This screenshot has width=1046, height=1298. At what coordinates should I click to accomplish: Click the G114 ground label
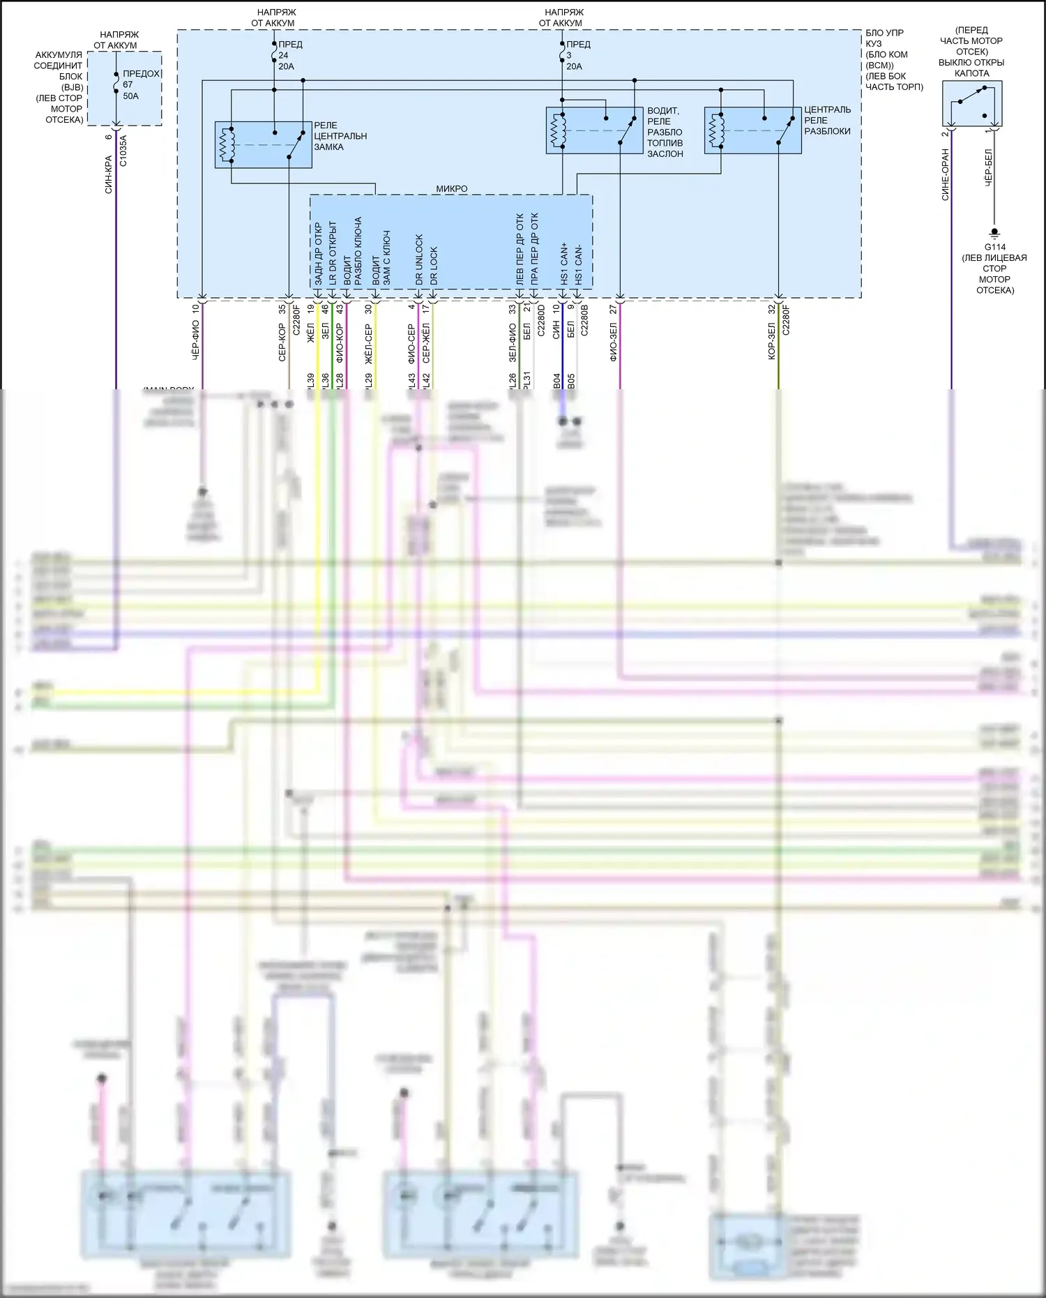(994, 247)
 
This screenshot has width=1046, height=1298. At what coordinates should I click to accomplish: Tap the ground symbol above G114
(994, 232)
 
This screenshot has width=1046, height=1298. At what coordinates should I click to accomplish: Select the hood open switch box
(972, 104)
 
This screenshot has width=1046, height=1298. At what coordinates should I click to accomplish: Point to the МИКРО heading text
(452, 189)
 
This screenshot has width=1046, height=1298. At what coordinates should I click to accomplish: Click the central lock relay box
(263, 144)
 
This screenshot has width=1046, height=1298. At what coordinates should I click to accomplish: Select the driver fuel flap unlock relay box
(594, 130)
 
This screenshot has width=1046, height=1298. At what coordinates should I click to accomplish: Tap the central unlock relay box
(752, 130)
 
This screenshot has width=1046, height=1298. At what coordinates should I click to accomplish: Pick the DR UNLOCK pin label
(419, 259)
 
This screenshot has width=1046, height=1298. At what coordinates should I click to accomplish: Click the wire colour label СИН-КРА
(109, 174)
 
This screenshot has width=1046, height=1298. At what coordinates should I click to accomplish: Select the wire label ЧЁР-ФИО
(196, 340)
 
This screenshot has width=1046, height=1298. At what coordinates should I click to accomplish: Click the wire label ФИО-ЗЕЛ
(614, 342)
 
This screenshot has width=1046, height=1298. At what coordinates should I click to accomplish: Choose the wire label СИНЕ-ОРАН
(946, 174)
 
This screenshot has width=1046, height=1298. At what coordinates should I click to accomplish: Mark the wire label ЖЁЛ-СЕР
(369, 343)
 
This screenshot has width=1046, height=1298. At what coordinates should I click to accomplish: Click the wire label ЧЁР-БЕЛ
(988, 167)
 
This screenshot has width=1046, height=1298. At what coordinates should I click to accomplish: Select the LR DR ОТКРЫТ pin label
(333, 255)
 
